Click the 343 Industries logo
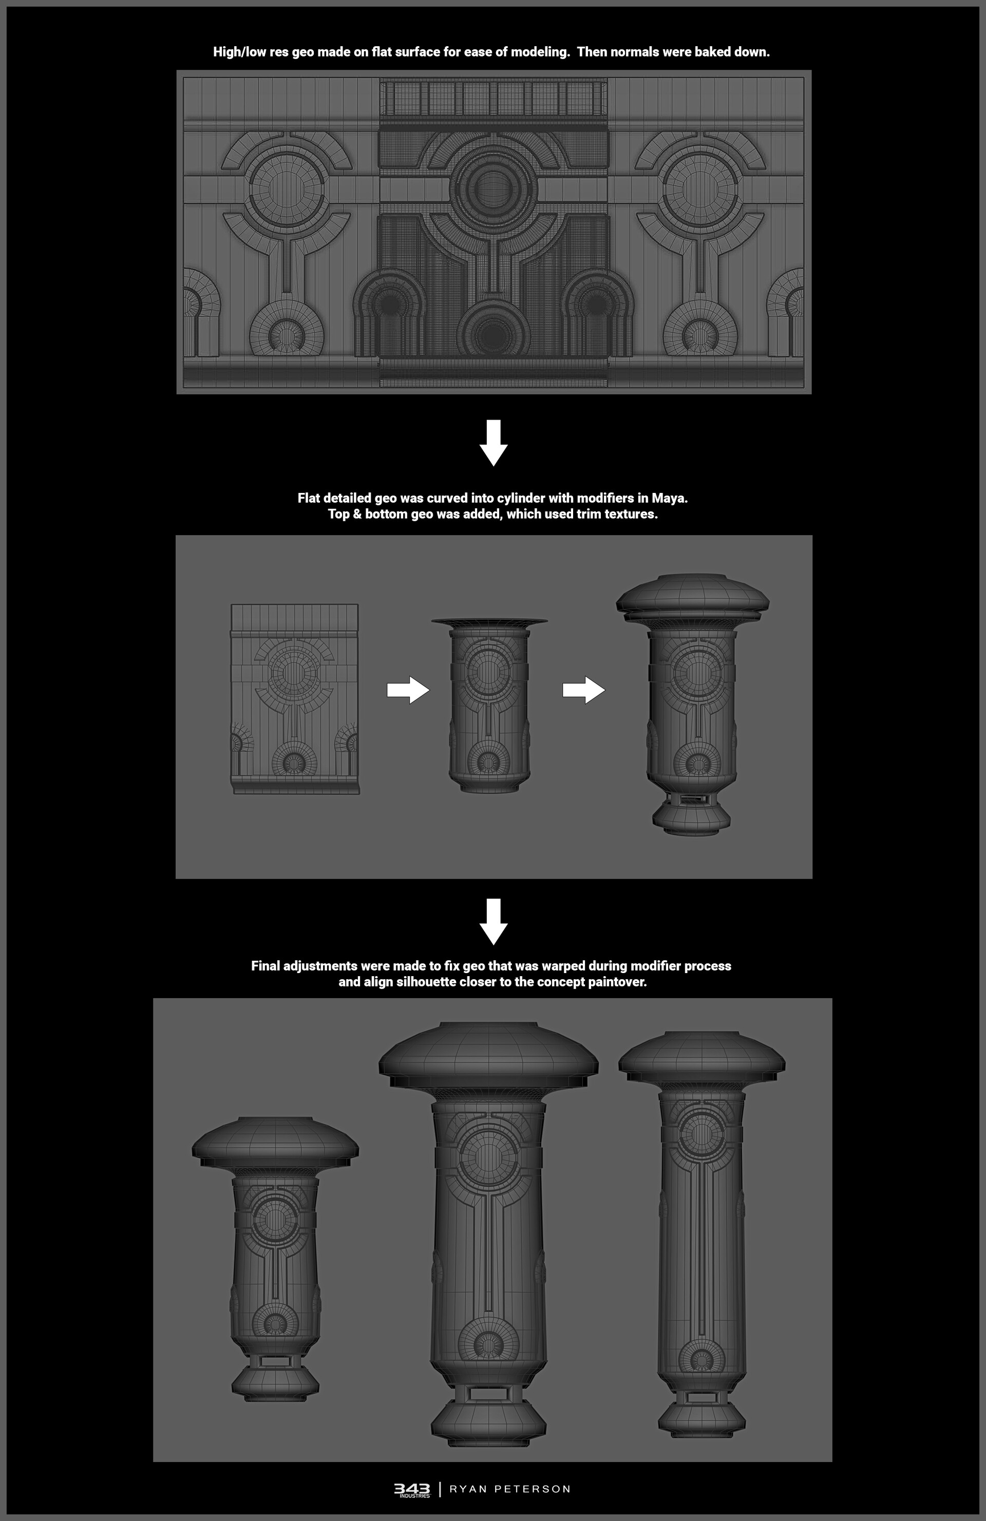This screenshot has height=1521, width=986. (412, 1489)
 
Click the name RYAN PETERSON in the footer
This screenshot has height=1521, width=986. (510, 1489)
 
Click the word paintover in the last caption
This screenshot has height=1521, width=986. (617, 982)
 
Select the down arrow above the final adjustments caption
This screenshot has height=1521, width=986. (494, 921)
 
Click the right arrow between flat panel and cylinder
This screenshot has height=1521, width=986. (408, 690)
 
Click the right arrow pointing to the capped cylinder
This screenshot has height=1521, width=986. (583, 690)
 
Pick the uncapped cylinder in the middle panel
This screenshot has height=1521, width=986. (489, 706)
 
